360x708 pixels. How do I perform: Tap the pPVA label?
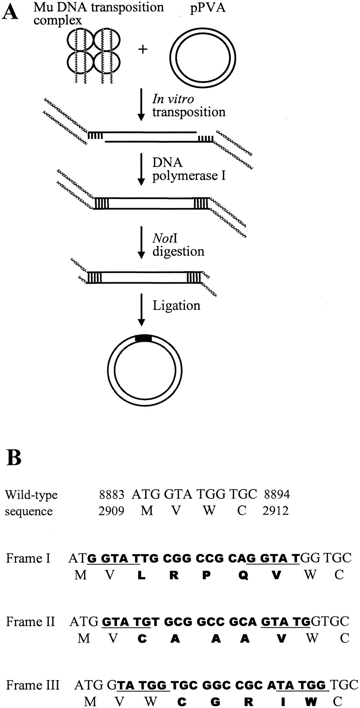[x=208, y=7]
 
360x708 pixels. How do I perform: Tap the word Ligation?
[x=176, y=306]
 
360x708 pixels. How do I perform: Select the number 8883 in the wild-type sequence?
[x=112, y=494]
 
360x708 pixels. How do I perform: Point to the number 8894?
[x=277, y=494]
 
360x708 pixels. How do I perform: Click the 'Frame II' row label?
[x=30, y=622]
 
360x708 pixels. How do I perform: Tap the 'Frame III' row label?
[x=33, y=685]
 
